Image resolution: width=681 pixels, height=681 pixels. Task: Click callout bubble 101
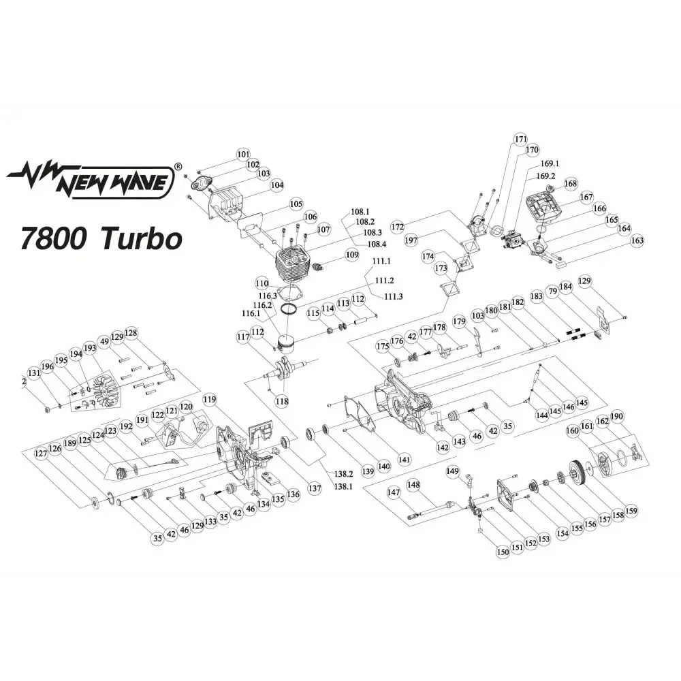click(244, 155)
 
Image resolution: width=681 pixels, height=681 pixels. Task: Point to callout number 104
click(276, 185)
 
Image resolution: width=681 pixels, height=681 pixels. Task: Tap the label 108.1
click(360, 212)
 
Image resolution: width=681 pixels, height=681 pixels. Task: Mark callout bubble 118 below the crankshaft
click(281, 401)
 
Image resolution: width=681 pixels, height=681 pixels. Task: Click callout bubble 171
click(521, 140)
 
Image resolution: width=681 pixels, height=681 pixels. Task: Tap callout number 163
click(637, 240)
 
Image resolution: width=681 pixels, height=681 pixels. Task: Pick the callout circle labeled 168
click(570, 183)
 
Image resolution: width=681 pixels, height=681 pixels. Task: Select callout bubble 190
click(617, 417)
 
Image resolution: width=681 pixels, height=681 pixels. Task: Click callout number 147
click(394, 492)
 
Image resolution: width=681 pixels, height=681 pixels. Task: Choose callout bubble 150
click(503, 552)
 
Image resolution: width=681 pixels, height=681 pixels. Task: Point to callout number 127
click(42, 453)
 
